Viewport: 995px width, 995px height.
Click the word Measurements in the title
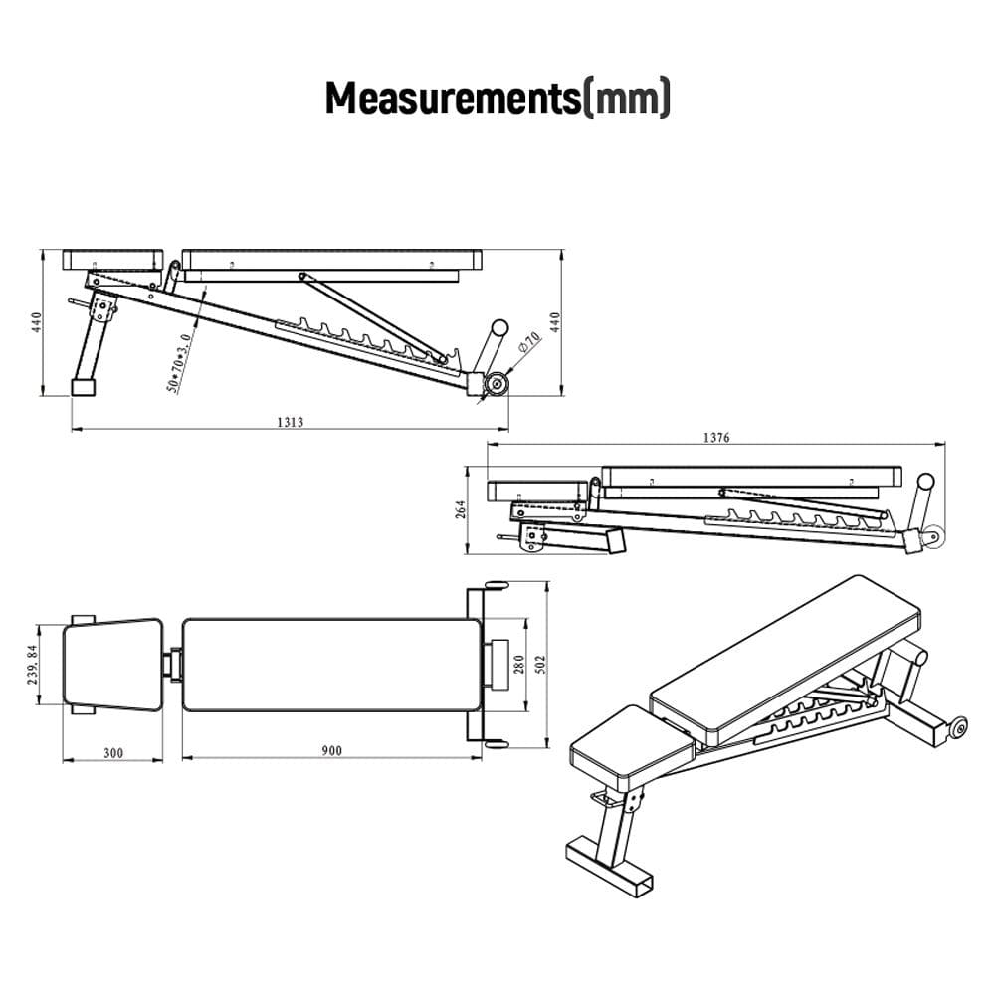pos(453,99)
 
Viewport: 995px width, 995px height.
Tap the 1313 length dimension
pos(291,422)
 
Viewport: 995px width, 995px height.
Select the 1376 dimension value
pos(715,438)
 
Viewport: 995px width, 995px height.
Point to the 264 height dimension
pos(460,510)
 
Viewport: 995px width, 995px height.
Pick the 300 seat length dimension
pos(112,752)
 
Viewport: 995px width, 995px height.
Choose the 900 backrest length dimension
pos(331,751)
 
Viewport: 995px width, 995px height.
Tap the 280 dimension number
pos(518,665)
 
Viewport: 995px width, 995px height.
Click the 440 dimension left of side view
pos(36,322)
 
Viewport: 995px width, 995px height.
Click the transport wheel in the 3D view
pos(959,729)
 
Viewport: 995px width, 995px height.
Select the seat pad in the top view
pos(112,665)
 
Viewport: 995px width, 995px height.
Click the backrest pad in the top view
pos(331,665)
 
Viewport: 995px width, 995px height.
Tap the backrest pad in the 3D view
pos(786,657)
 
